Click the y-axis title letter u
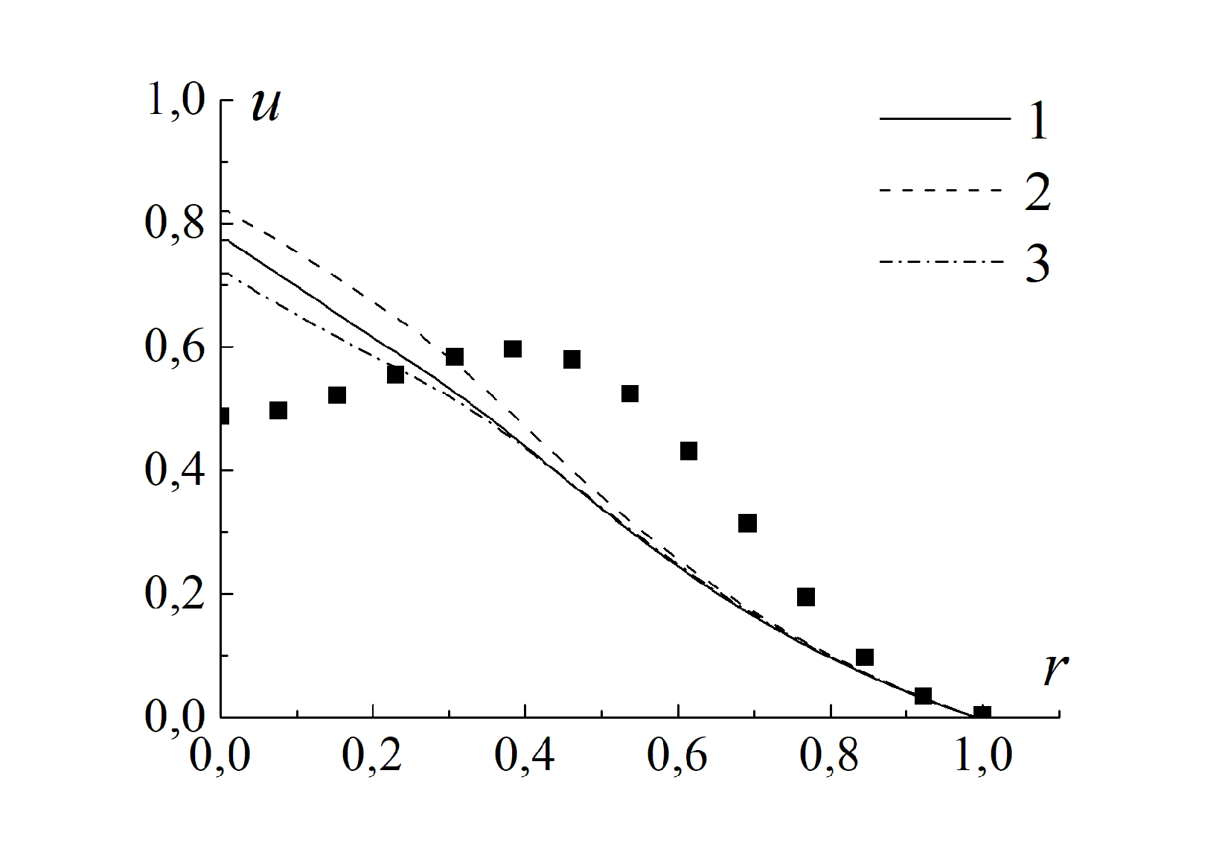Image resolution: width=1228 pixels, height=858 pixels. point(266,105)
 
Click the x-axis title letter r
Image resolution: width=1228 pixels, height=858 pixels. point(1055,670)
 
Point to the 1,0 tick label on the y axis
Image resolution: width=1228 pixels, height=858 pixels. point(176,100)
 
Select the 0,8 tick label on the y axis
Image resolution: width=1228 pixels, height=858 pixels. point(176,223)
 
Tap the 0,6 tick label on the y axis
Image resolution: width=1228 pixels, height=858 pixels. point(176,347)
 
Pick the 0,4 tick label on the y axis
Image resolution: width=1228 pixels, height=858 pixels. point(176,471)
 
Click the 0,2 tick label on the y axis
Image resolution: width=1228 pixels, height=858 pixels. point(176,594)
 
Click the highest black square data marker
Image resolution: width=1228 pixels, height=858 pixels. point(513,349)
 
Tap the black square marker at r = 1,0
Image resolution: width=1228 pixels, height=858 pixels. point(982,714)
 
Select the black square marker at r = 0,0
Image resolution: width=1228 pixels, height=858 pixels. point(223,416)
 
